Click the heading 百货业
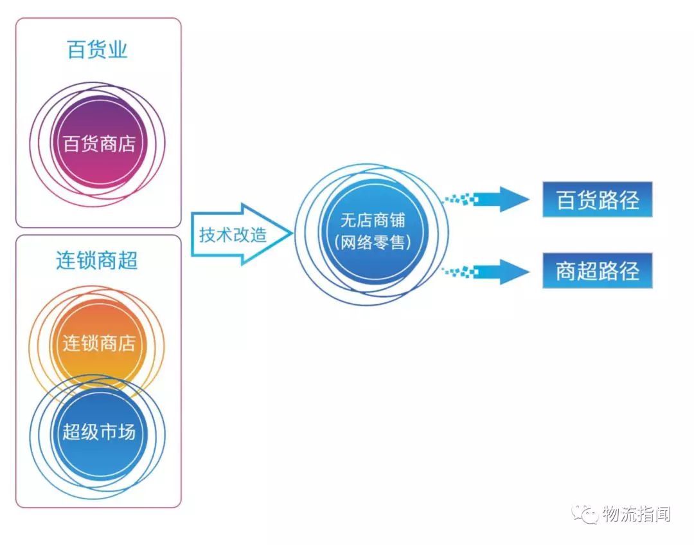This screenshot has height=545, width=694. [x=98, y=50]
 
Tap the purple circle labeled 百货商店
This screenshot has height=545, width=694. [x=99, y=143]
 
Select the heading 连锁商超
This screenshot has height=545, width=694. [x=97, y=260]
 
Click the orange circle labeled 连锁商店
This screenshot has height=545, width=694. [x=99, y=342]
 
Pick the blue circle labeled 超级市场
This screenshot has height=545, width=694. [x=99, y=432]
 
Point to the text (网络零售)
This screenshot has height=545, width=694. [x=373, y=243]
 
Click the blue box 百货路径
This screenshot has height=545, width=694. [x=598, y=200]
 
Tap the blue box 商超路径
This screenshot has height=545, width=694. [x=598, y=271]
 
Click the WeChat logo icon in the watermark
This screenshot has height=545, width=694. [x=585, y=514]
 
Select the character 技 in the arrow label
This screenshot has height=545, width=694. [x=208, y=235]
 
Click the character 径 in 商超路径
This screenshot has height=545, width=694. [x=629, y=271]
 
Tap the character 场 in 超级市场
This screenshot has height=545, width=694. [x=127, y=432]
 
